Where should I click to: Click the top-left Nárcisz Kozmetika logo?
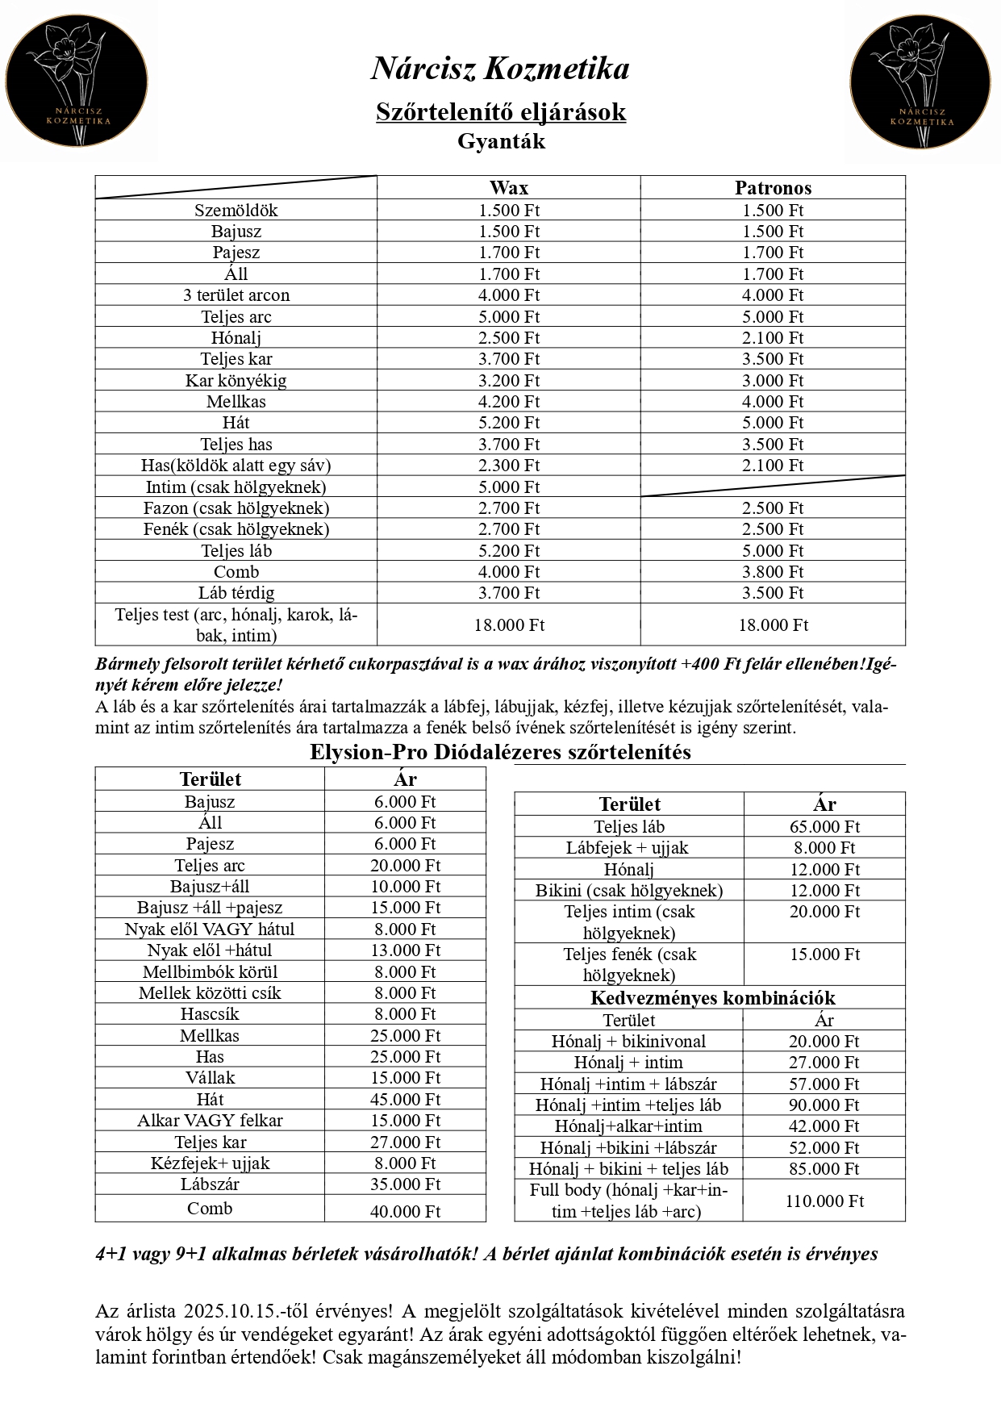77,81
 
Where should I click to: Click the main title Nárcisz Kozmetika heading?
500,69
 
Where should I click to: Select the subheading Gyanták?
501,141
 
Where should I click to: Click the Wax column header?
508,188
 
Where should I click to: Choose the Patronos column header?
773,188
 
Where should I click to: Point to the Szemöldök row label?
236,211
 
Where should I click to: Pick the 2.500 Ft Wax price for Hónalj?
508,338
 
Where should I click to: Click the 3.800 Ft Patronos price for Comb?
773,572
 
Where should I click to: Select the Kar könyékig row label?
236,381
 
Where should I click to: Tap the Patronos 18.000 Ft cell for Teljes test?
773,625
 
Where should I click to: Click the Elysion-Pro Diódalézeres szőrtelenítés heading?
500,752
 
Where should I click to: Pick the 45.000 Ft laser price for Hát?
405,1100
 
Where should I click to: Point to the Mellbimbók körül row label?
210,972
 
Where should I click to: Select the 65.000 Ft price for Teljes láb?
824,827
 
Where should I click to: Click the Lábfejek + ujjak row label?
628,848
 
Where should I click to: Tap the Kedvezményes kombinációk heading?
712,998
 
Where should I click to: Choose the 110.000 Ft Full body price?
824,1201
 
